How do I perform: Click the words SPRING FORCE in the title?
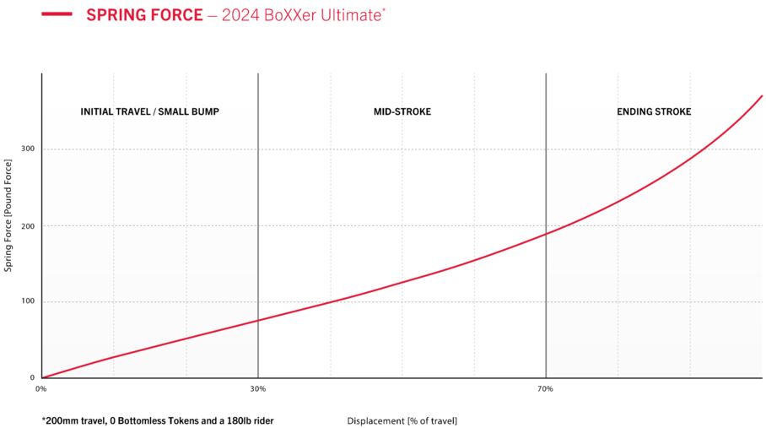coord(144,15)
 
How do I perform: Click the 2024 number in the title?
coord(240,15)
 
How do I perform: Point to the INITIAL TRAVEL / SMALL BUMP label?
coord(149,111)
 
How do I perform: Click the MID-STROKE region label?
coord(402,111)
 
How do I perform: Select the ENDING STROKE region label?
coord(654,111)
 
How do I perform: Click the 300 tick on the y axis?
coord(27,149)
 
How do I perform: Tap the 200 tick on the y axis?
coord(27,226)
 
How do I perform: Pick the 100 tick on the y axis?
coord(27,302)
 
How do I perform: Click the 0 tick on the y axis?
coord(32,378)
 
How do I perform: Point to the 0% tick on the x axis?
coord(41,389)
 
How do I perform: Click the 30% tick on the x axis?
coord(258,389)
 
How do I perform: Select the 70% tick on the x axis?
coord(546,389)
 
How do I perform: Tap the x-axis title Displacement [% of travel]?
coord(402,420)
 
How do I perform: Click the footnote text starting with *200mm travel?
coord(157,420)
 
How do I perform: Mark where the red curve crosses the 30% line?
coord(258,320)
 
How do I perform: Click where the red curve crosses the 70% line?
coord(546,234)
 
